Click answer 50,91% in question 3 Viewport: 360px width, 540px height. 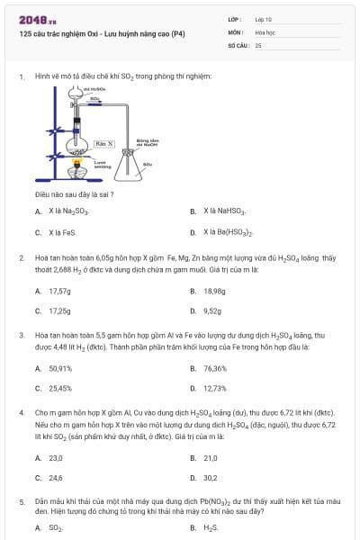pyautogui.click(x=60, y=368)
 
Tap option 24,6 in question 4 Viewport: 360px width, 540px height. pyautogui.click(x=56, y=478)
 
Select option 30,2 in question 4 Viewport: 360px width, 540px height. pyautogui.click(x=210, y=478)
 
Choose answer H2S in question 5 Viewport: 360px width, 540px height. pyautogui.click(x=211, y=527)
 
